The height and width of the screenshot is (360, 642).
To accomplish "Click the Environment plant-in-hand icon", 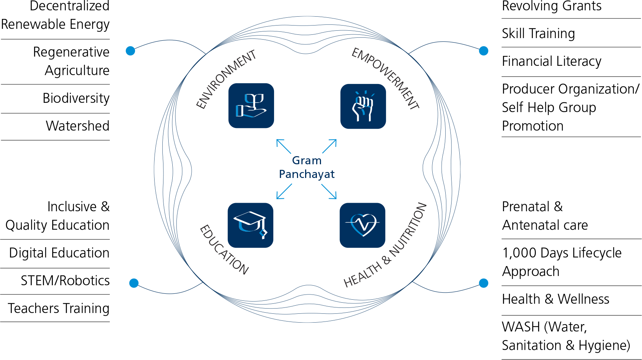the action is pos(251,105).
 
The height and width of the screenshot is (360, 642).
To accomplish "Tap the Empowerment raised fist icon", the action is pos(363,106).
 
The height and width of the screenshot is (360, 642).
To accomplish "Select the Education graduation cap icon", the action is pos(250,225).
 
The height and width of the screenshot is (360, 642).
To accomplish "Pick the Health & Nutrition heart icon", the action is pos(362,225).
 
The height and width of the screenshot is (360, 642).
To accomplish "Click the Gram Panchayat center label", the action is pos(307,167).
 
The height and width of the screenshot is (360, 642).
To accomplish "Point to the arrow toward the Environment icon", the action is pos(284,146).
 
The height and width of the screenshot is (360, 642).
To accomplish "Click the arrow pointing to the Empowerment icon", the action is pos(329,146).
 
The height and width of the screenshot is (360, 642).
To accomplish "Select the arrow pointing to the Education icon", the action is pos(284,192).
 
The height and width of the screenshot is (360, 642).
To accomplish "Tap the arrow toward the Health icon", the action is pos(329,192).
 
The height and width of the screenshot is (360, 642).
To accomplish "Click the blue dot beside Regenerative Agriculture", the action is pos(130,51).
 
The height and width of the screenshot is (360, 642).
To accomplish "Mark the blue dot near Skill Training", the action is pos(483,51).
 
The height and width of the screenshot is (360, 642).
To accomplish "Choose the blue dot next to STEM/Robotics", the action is pos(134,283).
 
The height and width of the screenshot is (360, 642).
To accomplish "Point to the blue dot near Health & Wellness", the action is pos(483,283).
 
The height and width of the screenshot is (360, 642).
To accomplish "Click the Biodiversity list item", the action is pos(76,98).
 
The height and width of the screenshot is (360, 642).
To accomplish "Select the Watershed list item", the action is pos(78,126).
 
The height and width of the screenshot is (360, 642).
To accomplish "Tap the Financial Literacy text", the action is pos(551,61).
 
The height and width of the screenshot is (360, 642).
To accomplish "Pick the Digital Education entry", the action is pos(59,253).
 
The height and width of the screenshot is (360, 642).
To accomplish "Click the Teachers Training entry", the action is pos(58,309).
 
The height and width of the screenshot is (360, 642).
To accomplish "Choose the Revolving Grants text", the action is pos(551,6).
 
